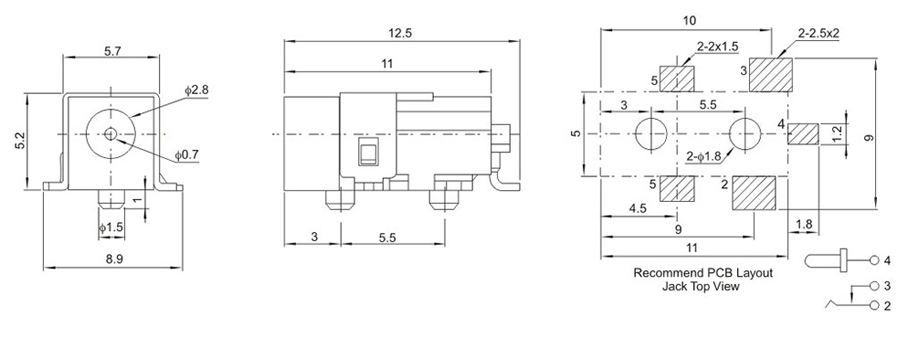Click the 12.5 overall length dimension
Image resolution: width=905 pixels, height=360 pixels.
click(400, 33)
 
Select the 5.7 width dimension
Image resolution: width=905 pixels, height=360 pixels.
click(112, 51)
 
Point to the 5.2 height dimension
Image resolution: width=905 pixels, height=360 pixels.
click(20, 141)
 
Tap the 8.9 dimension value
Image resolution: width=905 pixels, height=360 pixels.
click(115, 259)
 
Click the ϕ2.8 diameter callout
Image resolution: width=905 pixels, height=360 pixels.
click(196, 90)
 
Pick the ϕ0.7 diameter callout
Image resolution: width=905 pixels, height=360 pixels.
click(187, 155)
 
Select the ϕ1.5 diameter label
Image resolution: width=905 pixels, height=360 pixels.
click(111, 227)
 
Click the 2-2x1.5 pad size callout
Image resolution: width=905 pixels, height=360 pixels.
click(717, 47)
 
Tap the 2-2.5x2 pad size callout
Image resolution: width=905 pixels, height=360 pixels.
click(818, 33)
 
